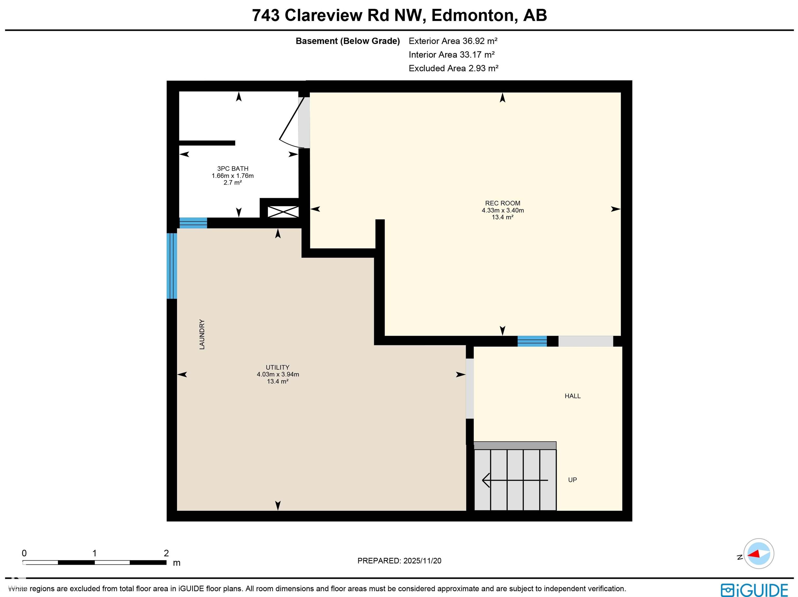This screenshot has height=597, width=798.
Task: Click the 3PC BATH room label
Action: (233, 168)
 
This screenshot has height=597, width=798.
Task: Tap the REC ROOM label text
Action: (503, 203)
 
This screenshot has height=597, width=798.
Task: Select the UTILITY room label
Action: (277, 367)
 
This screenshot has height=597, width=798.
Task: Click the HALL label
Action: (573, 396)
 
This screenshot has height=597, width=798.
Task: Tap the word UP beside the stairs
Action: (573, 480)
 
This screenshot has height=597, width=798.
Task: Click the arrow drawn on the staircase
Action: (515, 480)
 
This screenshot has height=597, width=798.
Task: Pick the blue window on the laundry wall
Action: (172, 266)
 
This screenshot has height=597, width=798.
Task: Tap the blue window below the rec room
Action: (532, 341)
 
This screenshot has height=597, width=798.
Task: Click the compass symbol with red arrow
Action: (759, 553)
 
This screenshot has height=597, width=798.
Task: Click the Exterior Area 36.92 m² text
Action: (453, 41)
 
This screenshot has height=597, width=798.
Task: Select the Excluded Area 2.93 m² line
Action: (454, 68)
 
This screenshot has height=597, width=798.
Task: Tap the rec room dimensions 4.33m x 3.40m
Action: (503, 211)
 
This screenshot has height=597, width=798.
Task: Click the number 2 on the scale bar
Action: (166, 553)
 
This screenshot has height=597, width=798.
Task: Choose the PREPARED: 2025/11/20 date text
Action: (399, 561)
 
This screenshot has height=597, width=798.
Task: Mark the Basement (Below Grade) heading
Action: (348, 41)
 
